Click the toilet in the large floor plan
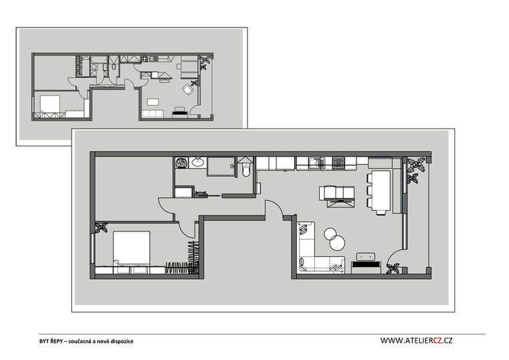click(246, 169)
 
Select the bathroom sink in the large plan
click(197, 162)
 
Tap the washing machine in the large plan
click(181, 163)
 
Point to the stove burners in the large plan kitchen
click(338, 162)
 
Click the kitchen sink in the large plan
click(316, 162)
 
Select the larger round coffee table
click(337, 242)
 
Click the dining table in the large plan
click(381, 190)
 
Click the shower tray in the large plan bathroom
click(221, 167)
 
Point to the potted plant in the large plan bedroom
click(100, 227)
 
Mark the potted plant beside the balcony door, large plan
click(393, 269)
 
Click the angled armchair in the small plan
click(187, 88)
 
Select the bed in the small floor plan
click(49, 104)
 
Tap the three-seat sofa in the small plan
click(152, 114)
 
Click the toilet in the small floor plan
click(113, 67)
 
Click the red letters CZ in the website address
click(437, 340)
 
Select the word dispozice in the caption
click(122, 341)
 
